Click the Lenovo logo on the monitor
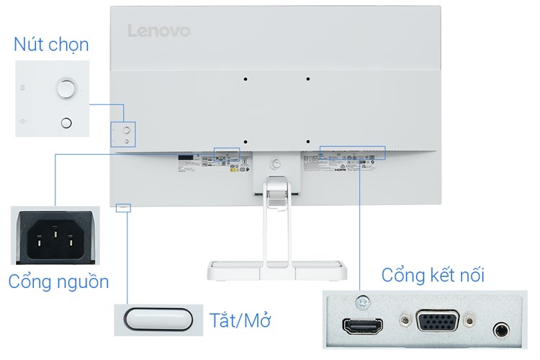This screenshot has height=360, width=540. pyautogui.click(x=158, y=30)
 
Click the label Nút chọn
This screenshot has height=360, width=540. pyautogui.click(x=51, y=45)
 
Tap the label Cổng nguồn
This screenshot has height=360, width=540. pyautogui.click(x=58, y=281)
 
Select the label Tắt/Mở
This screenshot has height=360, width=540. pyautogui.click(x=240, y=318)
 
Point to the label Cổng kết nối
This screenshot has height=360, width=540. pyautogui.click(x=433, y=275)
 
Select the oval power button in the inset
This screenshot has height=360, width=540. pyautogui.click(x=158, y=318)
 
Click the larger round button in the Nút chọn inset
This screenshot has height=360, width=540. pyautogui.click(x=66, y=88)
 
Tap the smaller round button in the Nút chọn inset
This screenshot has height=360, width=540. pyautogui.click(x=66, y=123)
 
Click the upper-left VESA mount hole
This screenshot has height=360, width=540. pyautogui.click(x=245, y=78)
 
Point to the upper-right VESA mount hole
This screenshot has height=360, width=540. pyautogui.click(x=307, y=78)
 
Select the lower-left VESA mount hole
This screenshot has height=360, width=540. pyautogui.click(x=245, y=142)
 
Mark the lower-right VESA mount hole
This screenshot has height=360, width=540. pyautogui.click(x=307, y=142)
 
